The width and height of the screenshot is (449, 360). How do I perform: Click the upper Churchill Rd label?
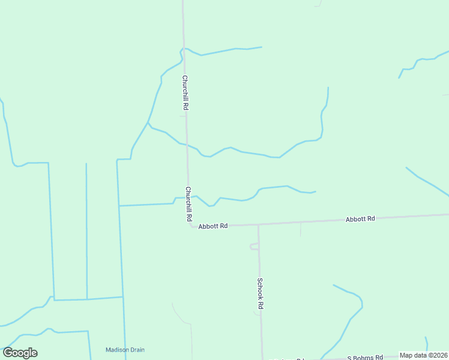click(x=186, y=92)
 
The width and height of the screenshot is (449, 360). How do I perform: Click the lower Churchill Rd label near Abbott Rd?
click(x=188, y=204)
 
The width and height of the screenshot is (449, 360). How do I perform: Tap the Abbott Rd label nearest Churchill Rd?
click(x=213, y=226)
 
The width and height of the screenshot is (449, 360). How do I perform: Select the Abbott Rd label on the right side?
click(x=360, y=219)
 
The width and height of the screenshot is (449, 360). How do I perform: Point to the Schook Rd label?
click(x=261, y=293)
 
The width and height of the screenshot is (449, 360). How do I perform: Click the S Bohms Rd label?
click(x=364, y=358)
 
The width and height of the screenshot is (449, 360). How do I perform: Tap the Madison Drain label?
click(x=125, y=350)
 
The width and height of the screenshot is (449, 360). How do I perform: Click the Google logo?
click(x=20, y=353)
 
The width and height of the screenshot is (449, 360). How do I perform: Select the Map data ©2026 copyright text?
click(x=423, y=355)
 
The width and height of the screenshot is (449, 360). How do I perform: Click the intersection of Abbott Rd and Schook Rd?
click(x=259, y=224)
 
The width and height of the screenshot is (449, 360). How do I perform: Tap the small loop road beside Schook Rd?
click(x=253, y=246)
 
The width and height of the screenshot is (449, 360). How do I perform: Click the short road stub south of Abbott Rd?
click(x=300, y=229)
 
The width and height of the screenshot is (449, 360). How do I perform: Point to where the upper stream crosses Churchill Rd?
click(x=186, y=145)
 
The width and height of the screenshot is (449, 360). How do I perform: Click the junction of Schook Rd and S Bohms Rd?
click(x=262, y=359)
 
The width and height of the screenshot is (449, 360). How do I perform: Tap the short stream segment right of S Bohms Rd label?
click(x=426, y=343)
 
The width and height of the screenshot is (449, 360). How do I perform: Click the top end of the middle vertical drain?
click(x=86, y=164)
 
